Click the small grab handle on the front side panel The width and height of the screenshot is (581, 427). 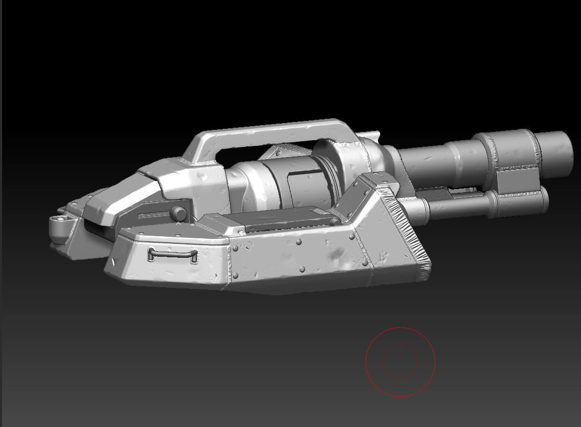click(x=173, y=255)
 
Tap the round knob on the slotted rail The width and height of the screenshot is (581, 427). click(x=178, y=213)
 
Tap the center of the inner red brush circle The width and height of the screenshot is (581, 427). click(x=400, y=362)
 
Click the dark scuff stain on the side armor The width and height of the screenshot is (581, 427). click(x=334, y=255)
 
